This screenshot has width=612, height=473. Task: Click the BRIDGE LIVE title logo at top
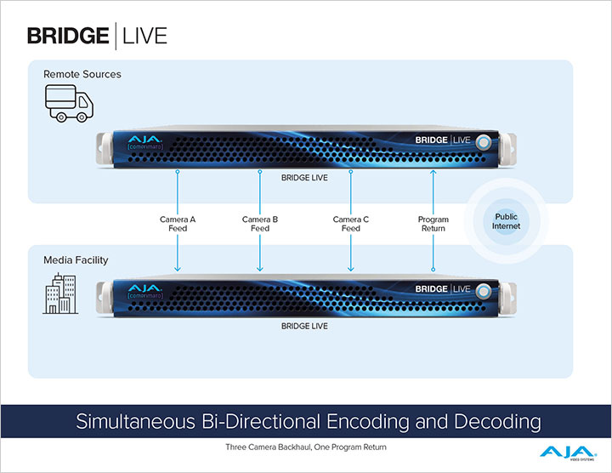[97, 35]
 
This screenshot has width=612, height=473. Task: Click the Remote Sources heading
[82, 74]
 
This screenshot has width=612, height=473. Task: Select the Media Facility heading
[76, 259]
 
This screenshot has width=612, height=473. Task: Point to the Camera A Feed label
[178, 224]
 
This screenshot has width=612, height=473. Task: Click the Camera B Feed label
[260, 224]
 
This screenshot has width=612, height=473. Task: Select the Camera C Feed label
[351, 224]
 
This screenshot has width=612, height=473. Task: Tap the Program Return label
[433, 224]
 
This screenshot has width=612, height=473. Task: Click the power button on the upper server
[484, 141]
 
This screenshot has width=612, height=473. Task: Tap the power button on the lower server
[484, 289]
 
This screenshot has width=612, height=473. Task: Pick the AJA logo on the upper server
[140, 138]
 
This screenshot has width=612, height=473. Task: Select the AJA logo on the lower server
[140, 286]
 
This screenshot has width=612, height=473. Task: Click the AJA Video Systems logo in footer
[562, 451]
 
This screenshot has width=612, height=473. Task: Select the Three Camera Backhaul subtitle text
[306, 445]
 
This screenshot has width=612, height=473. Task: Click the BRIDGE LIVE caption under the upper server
[304, 178]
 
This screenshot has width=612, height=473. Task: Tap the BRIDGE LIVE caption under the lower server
[304, 326]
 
